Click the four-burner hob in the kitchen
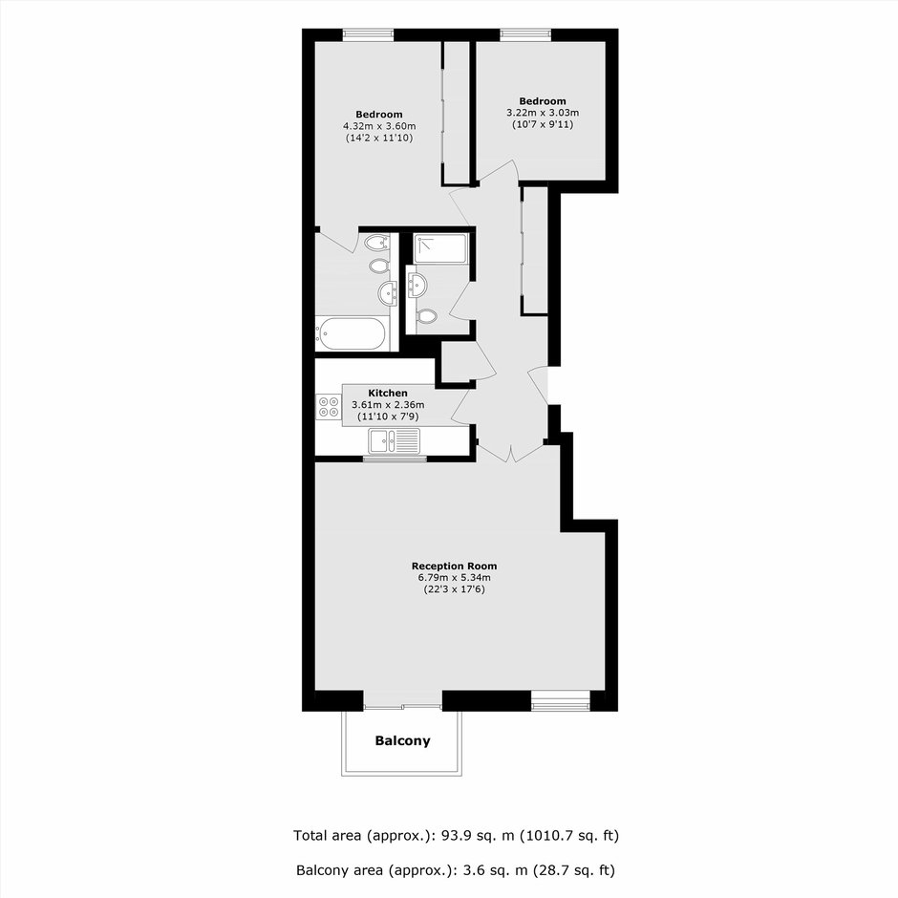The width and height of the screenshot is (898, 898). point(329,407)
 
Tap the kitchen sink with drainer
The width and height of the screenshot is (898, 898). point(394,440)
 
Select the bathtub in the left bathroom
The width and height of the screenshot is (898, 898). point(352,333)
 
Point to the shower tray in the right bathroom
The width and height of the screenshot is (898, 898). point(441,248)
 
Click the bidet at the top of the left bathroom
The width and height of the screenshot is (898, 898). point(375,243)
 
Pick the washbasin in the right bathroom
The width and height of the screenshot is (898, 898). point(417,284)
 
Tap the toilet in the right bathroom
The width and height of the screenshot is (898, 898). point(427,315)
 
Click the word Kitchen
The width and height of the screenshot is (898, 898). point(388,393)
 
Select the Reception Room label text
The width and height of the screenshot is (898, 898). point(454,566)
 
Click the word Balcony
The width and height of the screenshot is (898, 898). point(402,740)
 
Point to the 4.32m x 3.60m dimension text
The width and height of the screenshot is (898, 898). point(379,126)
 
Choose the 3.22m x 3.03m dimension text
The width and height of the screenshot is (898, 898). point(543,113)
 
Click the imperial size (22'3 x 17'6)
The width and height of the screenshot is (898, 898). point(454,588)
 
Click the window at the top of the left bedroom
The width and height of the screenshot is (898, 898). point(368,35)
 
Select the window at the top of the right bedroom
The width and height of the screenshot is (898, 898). point(525,35)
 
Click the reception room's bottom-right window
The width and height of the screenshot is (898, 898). point(560,701)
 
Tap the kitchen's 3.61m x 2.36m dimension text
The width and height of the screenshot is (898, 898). point(388,405)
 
